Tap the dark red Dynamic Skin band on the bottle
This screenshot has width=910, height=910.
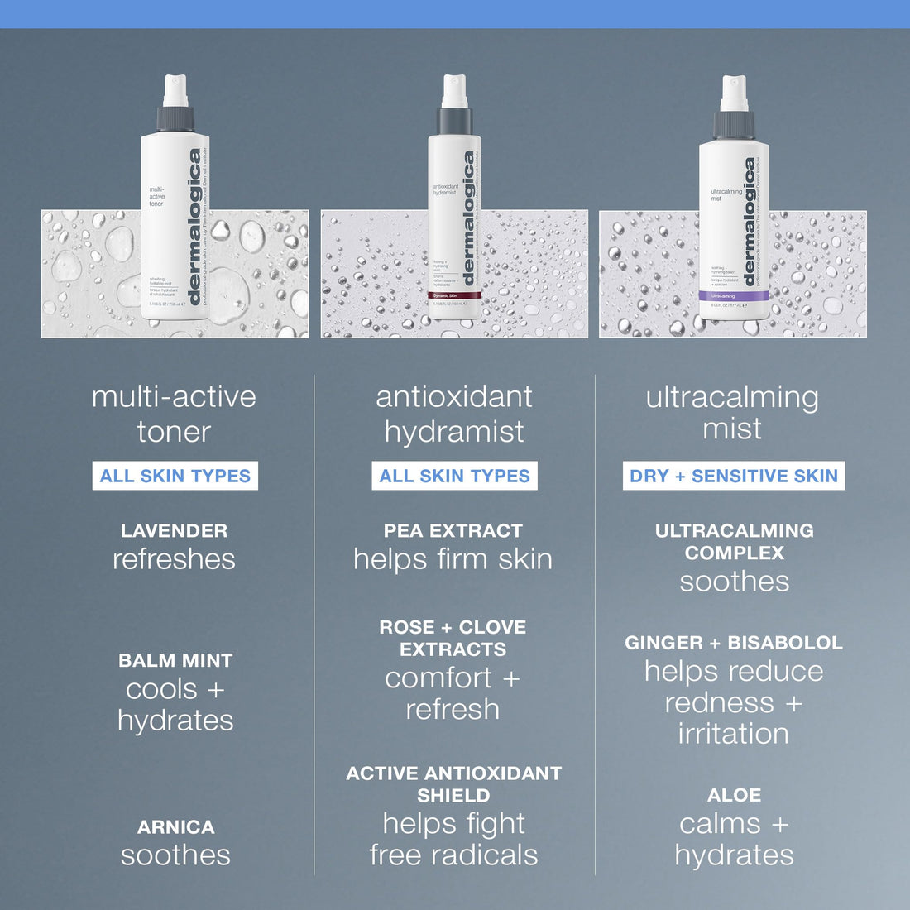(x=453, y=295)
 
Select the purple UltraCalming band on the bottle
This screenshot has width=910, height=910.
(x=734, y=295)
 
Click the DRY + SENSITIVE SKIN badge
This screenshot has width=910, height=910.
(x=734, y=476)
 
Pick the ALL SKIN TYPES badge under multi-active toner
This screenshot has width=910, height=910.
(x=175, y=476)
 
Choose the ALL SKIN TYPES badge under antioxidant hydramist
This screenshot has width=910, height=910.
(x=454, y=476)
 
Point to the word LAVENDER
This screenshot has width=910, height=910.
(x=174, y=531)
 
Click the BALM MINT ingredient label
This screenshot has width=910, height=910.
(x=175, y=660)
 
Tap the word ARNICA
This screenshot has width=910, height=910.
(x=175, y=826)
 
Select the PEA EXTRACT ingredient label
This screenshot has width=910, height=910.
(x=453, y=531)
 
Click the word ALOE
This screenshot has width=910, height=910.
(x=734, y=795)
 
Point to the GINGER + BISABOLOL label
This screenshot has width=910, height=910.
(x=734, y=643)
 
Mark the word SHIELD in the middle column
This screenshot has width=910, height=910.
(x=453, y=795)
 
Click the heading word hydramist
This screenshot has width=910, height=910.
(x=454, y=432)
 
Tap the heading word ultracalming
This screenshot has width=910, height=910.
(x=732, y=397)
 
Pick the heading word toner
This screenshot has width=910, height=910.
(x=174, y=432)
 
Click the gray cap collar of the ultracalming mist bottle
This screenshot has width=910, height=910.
(x=734, y=124)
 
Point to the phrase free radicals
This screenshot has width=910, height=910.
(x=453, y=855)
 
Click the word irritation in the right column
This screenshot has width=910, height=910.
(x=734, y=734)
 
